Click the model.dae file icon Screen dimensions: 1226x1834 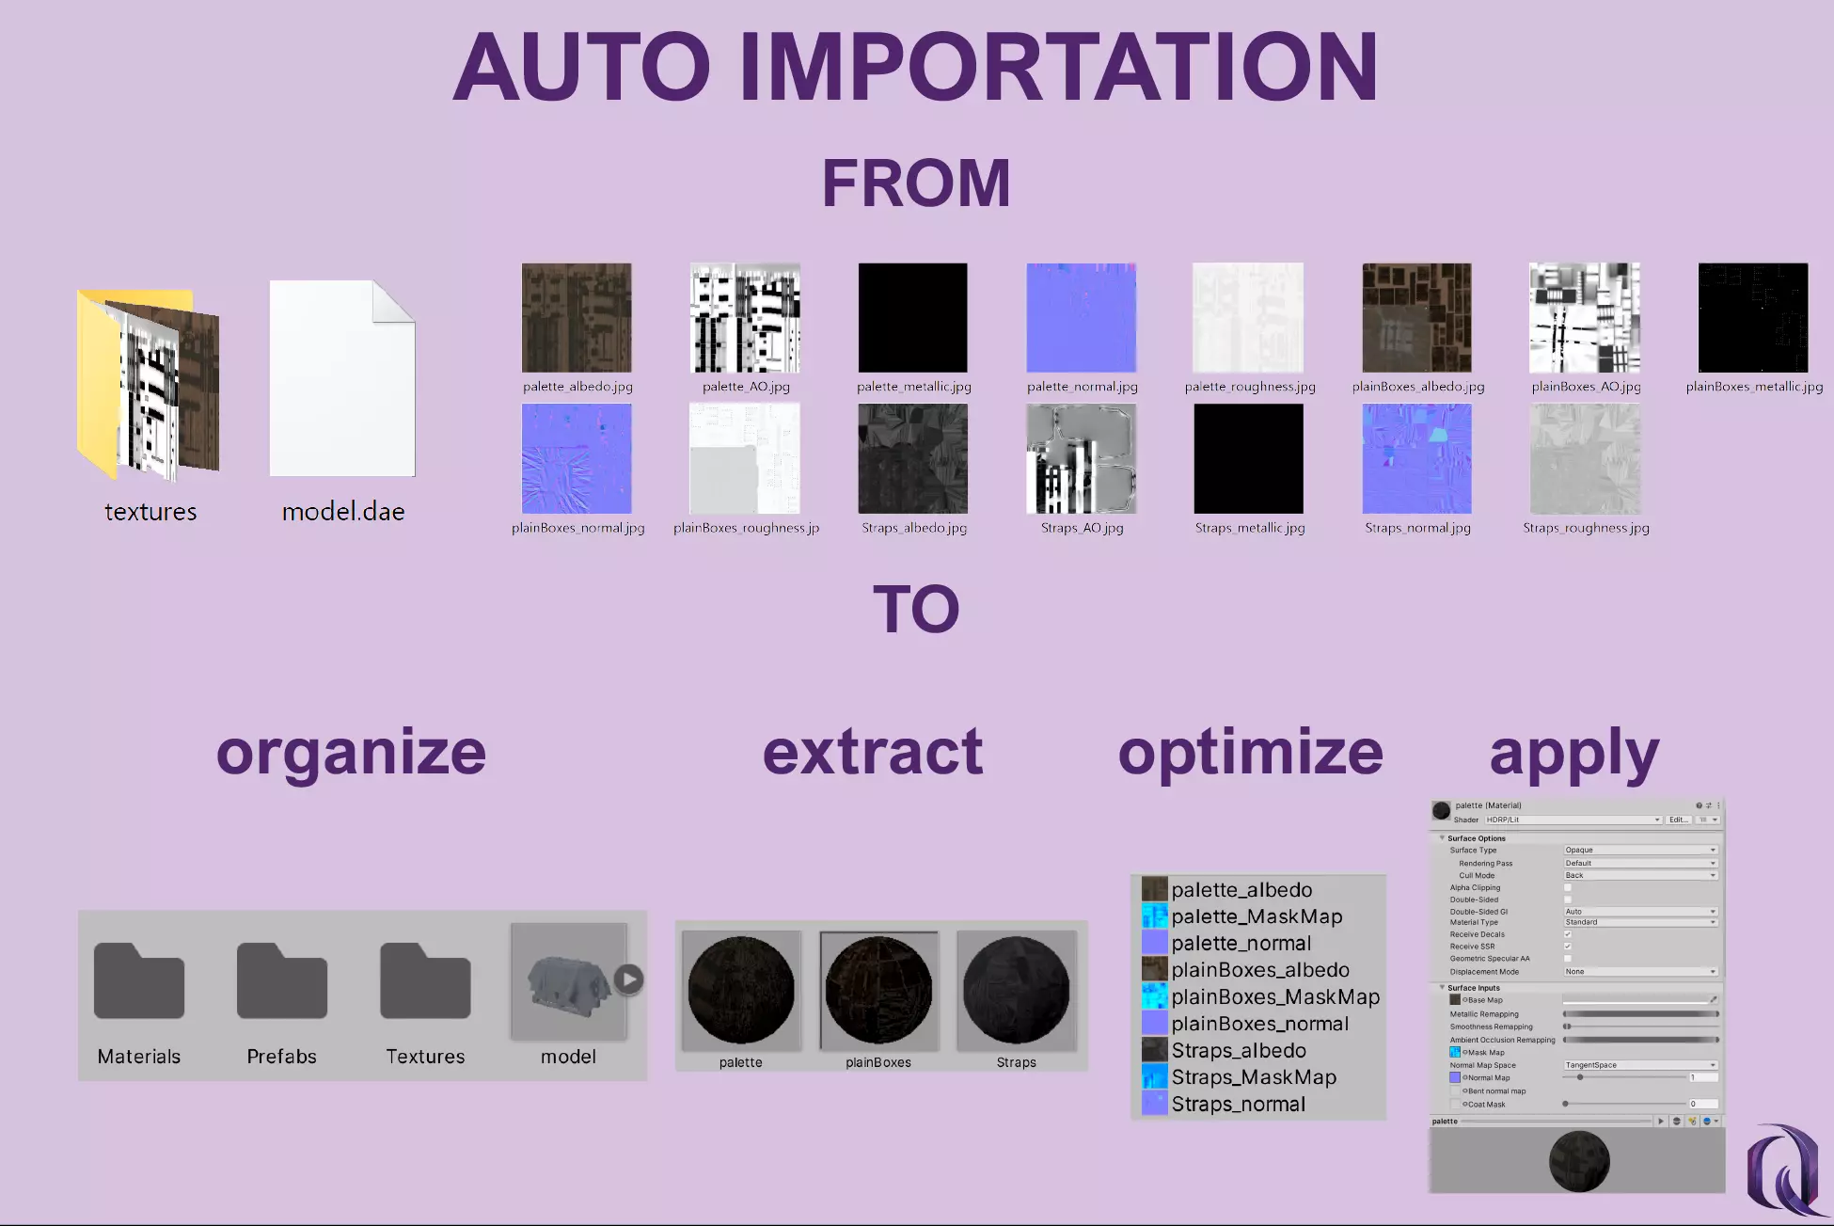pos(342,378)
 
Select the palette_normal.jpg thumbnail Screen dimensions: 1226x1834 pos(1082,318)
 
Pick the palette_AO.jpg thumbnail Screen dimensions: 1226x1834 pos(745,318)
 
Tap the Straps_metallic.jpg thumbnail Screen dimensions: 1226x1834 pos(1249,459)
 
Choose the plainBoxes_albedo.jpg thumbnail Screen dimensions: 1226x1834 pos(1417,318)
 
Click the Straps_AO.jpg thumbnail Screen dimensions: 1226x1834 pos(1082,459)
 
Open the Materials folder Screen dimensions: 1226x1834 pos(139,981)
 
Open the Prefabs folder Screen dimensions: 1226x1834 pos(282,981)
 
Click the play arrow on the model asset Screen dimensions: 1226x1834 pos(629,979)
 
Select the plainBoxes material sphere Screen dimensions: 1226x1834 pos(878,990)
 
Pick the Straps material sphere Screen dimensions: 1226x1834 pos(1017,990)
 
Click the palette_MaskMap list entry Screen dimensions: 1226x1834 pos(1257,916)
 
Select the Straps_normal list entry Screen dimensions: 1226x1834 pos(1238,1104)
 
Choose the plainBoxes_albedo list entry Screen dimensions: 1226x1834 pos(1260,970)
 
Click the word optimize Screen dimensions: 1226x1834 pos(1250,752)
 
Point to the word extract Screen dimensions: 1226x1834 pos(873,752)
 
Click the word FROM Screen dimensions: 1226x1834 pos(916,183)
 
